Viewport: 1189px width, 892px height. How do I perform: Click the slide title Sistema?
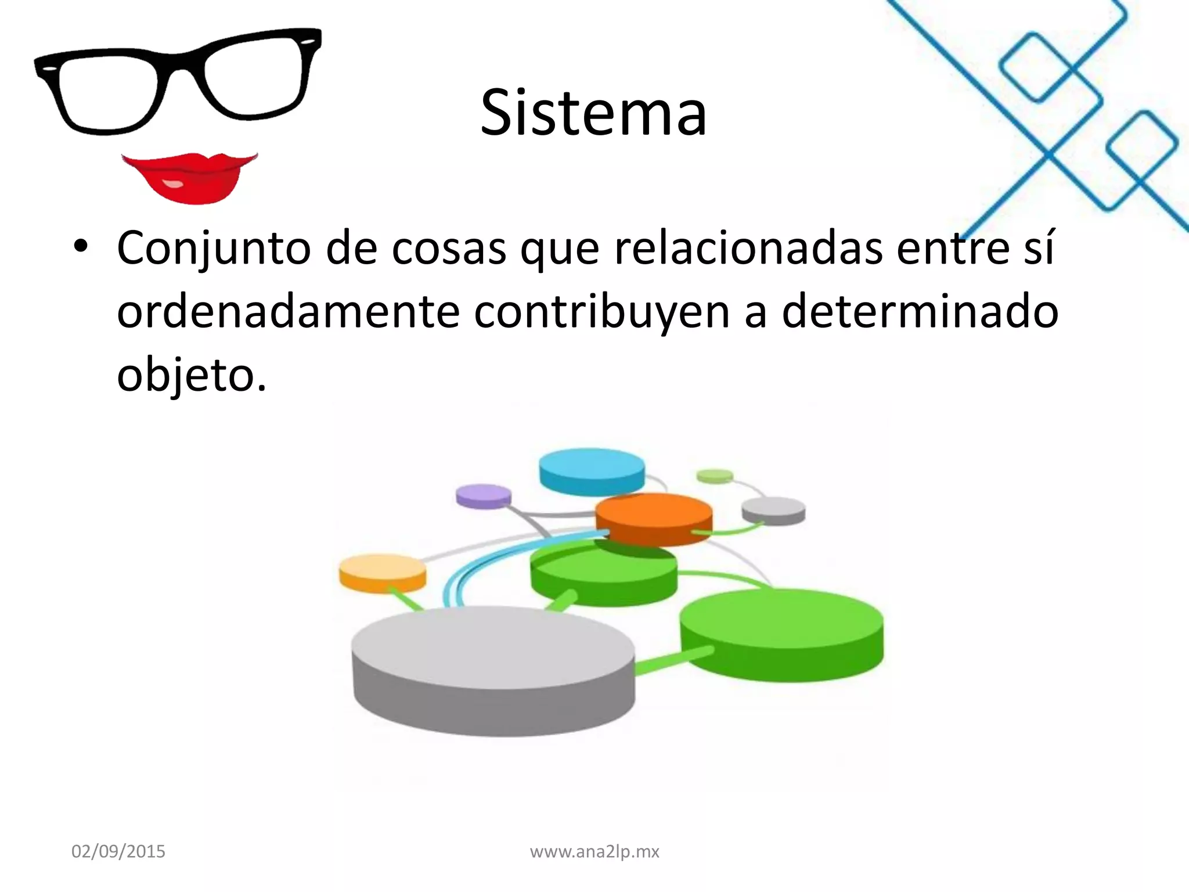click(x=593, y=113)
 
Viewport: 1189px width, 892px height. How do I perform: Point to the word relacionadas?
click(x=749, y=248)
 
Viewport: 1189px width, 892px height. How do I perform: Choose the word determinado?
click(x=920, y=312)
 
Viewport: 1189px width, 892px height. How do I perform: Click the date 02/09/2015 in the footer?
click(x=118, y=852)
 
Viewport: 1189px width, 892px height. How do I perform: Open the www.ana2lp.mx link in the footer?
click(x=594, y=852)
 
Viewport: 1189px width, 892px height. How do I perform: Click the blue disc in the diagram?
click(x=592, y=469)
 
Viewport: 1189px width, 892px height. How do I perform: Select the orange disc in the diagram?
click(x=654, y=517)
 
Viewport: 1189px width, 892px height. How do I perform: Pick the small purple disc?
click(x=484, y=496)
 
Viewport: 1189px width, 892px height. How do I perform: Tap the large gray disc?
click(x=493, y=662)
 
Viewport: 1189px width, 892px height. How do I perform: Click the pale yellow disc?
click(x=383, y=572)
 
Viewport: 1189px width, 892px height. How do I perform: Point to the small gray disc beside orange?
click(x=773, y=510)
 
